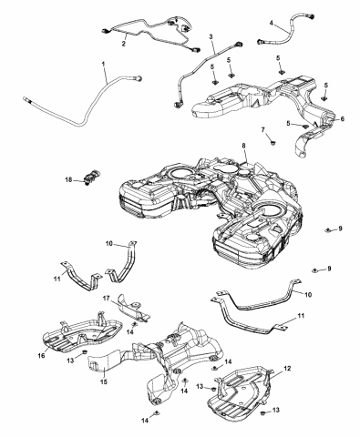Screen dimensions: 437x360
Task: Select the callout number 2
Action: coord(124,43)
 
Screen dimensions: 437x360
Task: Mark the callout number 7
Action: coord(263,131)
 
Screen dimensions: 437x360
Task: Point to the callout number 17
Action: coord(107,298)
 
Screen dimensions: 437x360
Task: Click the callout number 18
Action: coord(68,180)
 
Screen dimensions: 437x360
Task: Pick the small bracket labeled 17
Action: coord(128,308)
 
